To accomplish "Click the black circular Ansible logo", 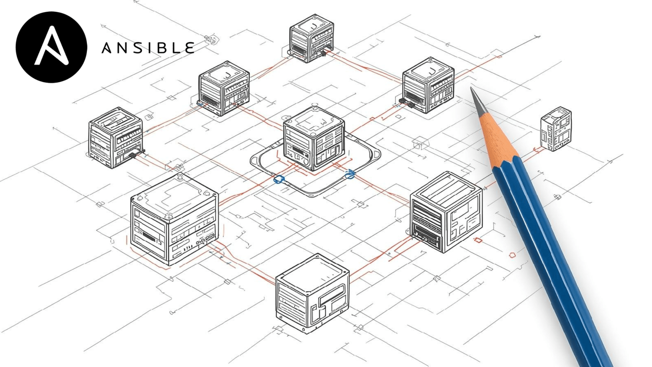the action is point(51,47).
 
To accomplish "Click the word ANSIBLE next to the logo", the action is point(148,48).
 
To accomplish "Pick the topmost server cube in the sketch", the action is point(312,38).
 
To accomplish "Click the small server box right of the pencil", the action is point(556,129).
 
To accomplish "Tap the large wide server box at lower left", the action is point(174,220).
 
